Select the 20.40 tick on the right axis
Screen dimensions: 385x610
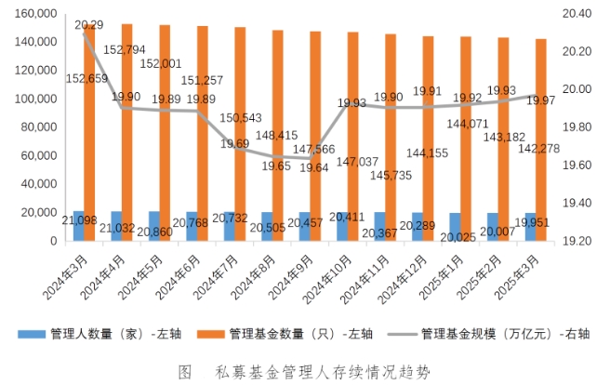coord(577,14)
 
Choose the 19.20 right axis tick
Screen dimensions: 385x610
coord(577,241)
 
